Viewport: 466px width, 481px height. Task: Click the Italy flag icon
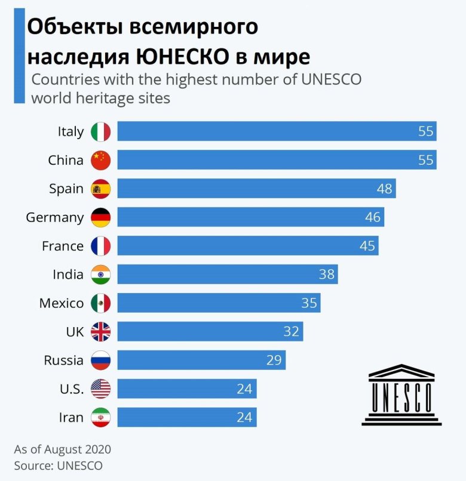[x=100, y=131]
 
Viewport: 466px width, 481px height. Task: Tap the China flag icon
[x=100, y=160]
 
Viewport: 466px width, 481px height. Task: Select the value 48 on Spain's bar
[x=385, y=189]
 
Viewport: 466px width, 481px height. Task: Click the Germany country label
[x=54, y=217]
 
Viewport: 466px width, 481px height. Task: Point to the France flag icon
[x=100, y=246]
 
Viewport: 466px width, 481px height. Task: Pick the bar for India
[x=227, y=275]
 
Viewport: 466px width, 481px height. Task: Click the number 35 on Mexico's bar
[x=309, y=303]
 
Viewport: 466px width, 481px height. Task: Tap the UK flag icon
[x=100, y=332]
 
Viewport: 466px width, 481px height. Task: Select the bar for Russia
[x=201, y=360]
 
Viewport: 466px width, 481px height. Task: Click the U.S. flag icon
[x=100, y=389]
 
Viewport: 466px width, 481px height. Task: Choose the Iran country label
[x=71, y=418]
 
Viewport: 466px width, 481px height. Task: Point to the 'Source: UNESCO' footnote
[x=58, y=465]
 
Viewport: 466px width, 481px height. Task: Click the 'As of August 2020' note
[x=62, y=449]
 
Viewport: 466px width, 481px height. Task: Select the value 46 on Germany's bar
[x=373, y=217]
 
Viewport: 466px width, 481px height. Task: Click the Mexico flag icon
[x=100, y=303]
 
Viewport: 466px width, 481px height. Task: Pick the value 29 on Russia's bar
[x=274, y=360]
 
